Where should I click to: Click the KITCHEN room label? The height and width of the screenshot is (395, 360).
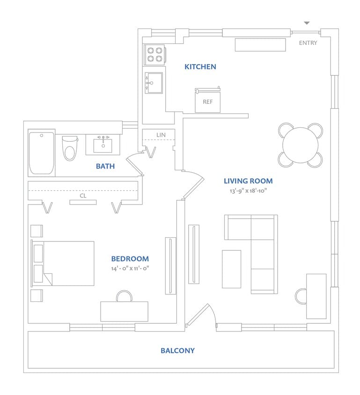(x=200, y=66)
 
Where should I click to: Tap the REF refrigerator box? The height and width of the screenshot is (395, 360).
(x=207, y=101)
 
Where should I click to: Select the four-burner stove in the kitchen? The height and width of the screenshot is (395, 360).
(x=154, y=54)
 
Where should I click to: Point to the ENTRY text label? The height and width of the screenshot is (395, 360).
(x=308, y=43)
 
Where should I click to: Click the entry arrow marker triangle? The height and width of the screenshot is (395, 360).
(x=307, y=22)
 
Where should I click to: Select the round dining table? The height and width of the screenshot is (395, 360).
(x=300, y=145)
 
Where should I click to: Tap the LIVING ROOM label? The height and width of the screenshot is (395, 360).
(x=248, y=181)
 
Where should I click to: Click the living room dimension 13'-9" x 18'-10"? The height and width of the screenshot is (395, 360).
(x=248, y=191)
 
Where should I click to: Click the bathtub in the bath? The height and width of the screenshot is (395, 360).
(x=42, y=153)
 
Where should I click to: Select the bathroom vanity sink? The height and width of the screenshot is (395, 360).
(x=103, y=145)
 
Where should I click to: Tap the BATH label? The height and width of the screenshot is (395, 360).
(x=105, y=166)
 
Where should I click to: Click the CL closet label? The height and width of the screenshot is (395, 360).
(x=83, y=196)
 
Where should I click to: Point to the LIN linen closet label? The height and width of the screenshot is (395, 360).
(x=161, y=135)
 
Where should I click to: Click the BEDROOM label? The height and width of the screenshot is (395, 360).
(x=130, y=258)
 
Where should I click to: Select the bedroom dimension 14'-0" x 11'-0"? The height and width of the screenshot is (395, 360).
(x=130, y=268)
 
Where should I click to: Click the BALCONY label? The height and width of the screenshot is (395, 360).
(x=177, y=350)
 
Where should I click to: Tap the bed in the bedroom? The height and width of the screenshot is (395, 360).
(x=63, y=263)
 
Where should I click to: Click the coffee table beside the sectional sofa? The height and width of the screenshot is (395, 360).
(x=231, y=269)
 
